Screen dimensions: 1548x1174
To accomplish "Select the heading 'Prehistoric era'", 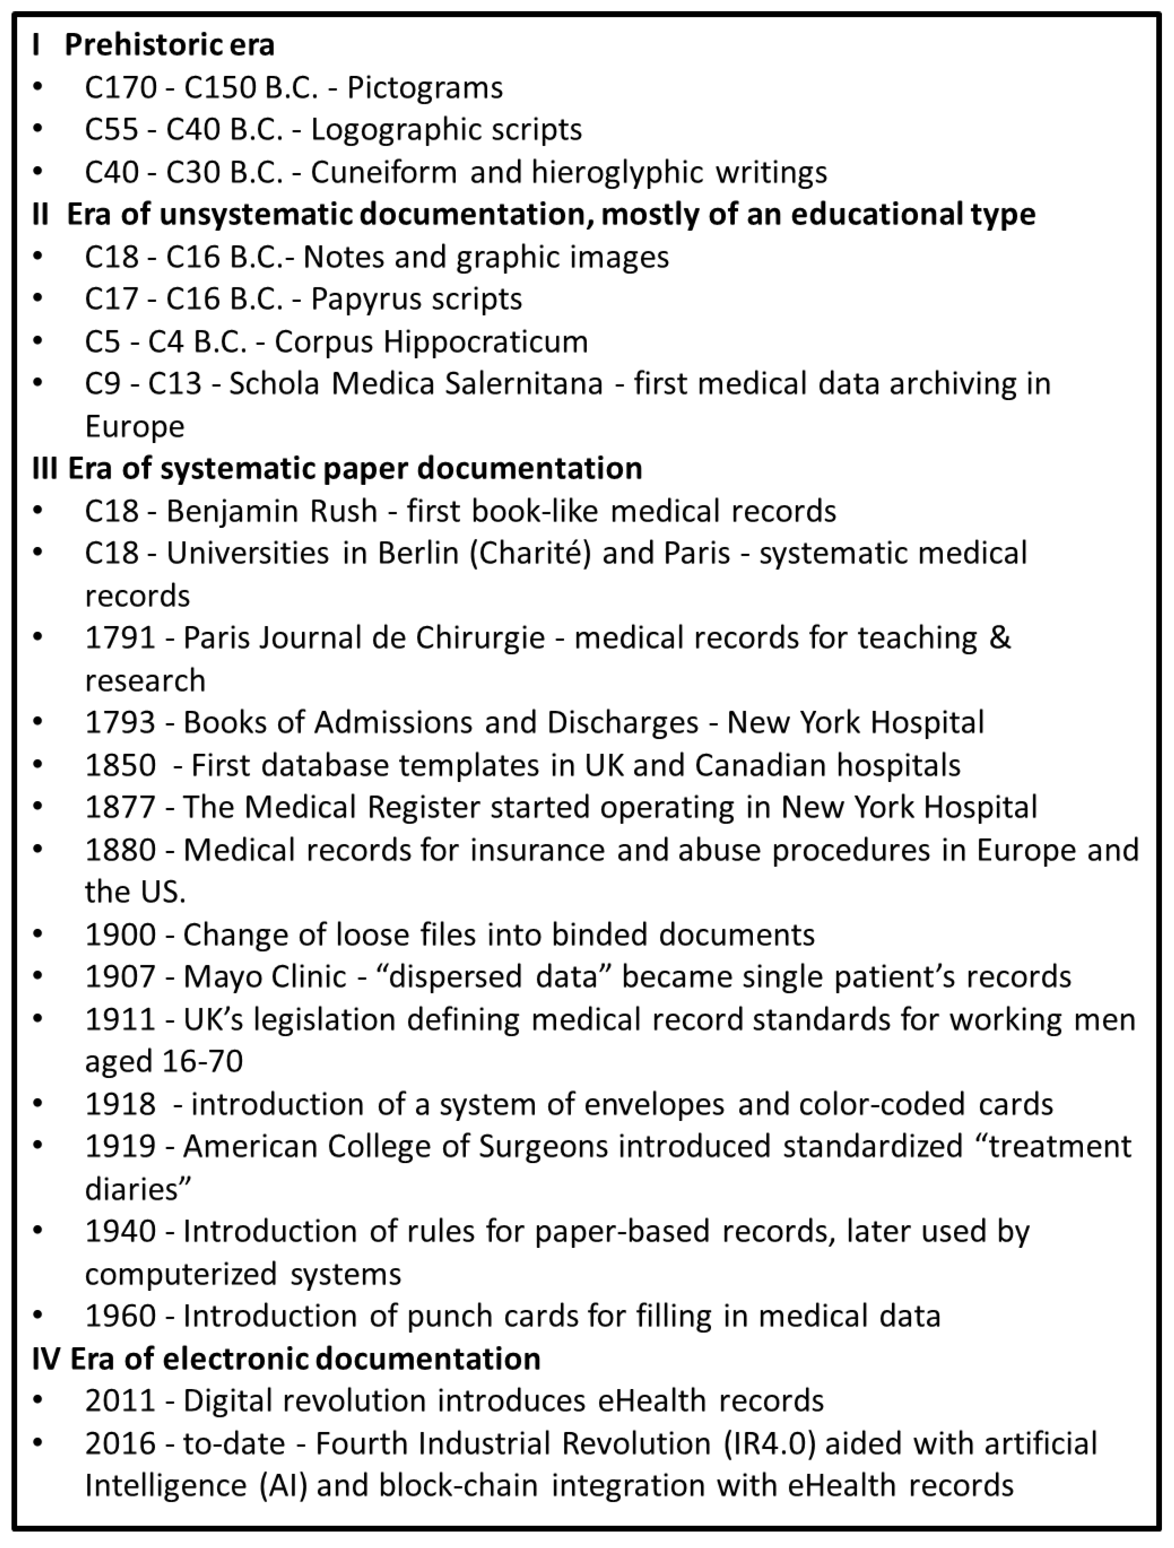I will pos(169,45).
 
